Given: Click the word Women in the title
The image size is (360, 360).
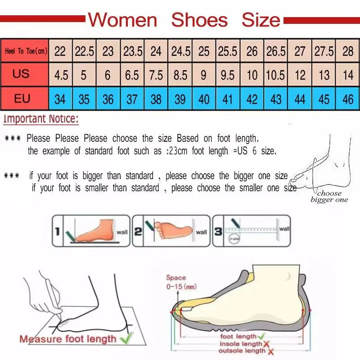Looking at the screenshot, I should point(122,20).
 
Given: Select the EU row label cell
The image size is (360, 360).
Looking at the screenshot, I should point(22,98).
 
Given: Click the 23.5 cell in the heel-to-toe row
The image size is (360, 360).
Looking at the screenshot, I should point(132,51).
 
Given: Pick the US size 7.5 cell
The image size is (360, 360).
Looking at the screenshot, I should point(156,75).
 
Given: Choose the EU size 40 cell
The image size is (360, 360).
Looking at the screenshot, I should point(204,99).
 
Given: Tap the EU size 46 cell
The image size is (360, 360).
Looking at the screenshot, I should point(347,99).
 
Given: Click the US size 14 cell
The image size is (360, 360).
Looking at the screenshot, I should point(347,75).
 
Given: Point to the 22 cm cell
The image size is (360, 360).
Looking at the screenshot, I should point(60,51).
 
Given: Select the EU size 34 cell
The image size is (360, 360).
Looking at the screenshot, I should point(60,99).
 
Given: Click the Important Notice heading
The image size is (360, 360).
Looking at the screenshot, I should point(41,119).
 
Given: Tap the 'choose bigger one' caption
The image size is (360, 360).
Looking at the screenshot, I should point(329,197).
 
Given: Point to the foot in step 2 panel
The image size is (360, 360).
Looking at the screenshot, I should point(173,229).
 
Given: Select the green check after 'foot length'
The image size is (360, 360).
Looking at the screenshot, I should point(262,336).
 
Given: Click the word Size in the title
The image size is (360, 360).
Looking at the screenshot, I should point(261,20).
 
